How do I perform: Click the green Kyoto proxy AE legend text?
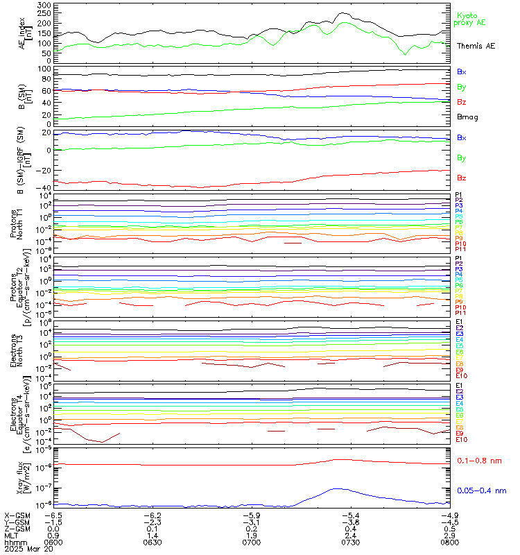(x=469, y=19)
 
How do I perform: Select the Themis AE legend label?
(x=476, y=46)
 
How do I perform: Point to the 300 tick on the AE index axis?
(x=43, y=5)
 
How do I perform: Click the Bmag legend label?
(x=467, y=117)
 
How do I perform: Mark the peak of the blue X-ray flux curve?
(x=338, y=488)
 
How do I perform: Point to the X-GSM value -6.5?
(x=54, y=515)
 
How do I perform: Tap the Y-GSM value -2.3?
(x=153, y=522)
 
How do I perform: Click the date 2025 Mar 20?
(x=28, y=550)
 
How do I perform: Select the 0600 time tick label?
(x=54, y=543)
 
